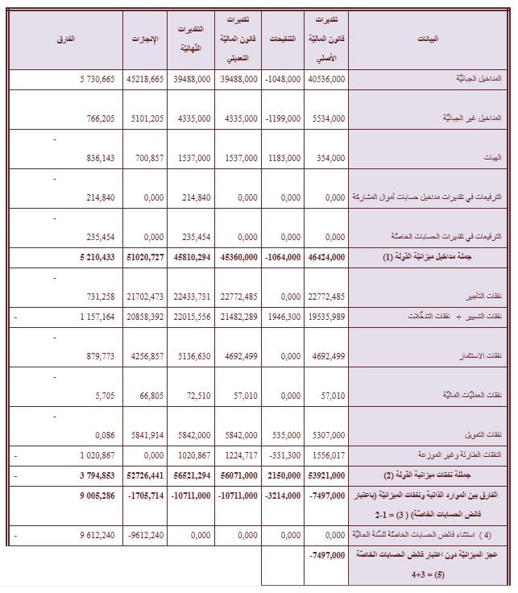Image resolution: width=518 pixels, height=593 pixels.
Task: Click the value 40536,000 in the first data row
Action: pyautogui.click(x=326, y=79)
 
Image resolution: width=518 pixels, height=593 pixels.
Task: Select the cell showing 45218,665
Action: pyautogui.click(x=145, y=79)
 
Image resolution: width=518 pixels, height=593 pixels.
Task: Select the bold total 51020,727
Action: pyautogui.click(x=145, y=257)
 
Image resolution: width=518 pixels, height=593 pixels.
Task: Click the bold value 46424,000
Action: pyautogui.click(x=326, y=257)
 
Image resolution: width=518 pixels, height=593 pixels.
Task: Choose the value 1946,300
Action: pyautogui.click(x=284, y=317)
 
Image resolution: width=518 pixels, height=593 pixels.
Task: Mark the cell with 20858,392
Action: pyautogui.click(x=145, y=317)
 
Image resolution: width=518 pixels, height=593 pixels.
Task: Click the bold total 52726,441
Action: pyautogui.click(x=145, y=475)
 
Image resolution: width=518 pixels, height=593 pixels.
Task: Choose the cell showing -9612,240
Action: pyautogui.click(x=145, y=533)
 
